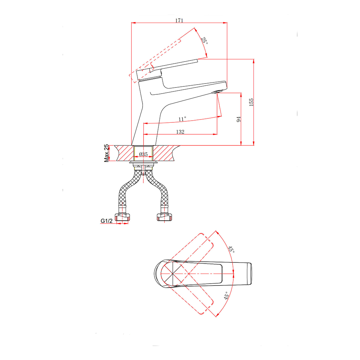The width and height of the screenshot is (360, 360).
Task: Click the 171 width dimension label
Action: (x=179, y=20)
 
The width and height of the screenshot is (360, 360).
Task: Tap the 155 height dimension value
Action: (x=251, y=102)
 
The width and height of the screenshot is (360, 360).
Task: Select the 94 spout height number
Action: (x=239, y=120)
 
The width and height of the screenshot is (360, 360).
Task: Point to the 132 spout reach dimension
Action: (x=180, y=131)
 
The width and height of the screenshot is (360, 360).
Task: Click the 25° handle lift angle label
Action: (x=204, y=41)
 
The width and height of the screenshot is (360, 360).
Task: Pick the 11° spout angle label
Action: (x=182, y=119)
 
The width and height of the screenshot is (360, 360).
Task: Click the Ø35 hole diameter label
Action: (x=144, y=154)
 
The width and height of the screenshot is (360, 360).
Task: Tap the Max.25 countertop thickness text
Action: (x=106, y=153)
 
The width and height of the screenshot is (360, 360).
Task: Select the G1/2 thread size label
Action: (x=107, y=221)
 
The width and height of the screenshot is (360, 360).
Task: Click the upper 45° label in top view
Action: (x=231, y=249)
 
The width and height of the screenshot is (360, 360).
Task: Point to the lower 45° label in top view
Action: (x=226, y=296)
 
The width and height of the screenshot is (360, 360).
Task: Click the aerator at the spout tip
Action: (x=217, y=92)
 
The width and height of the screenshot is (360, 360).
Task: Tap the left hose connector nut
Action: (x=122, y=217)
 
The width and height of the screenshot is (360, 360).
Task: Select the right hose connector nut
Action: (x=165, y=217)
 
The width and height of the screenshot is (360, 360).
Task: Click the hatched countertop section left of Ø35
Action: (x=124, y=153)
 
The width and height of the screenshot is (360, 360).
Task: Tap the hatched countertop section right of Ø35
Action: (x=165, y=153)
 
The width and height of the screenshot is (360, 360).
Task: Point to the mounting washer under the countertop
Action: (x=144, y=163)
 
